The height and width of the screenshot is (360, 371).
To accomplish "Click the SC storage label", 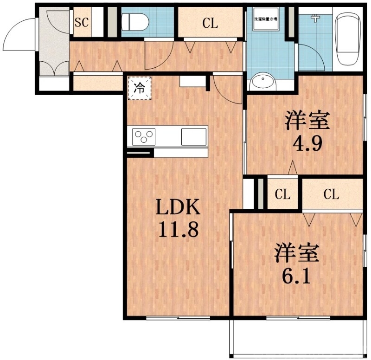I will click(x=82, y=21).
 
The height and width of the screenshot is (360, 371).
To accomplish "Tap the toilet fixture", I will click(x=134, y=21).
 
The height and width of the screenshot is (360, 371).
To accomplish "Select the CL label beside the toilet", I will click(x=210, y=24).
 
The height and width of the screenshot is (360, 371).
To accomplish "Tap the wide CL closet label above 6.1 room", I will click(x=331, y=194).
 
